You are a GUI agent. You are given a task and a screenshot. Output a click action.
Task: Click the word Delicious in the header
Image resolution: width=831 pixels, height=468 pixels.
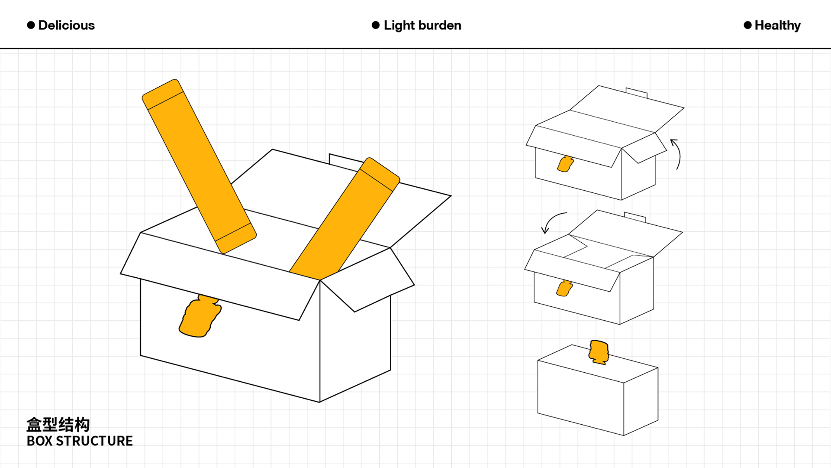coord(66,25)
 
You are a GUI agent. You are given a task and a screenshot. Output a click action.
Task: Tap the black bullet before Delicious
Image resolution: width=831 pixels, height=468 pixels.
coord(31,25)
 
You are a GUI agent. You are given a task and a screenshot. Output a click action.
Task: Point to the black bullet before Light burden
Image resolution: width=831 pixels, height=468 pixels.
coord(376,25)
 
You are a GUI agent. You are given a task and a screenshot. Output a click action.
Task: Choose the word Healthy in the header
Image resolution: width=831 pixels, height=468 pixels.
coord(778,26)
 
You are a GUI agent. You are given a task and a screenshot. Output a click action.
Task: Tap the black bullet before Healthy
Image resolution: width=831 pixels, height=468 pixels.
coord(747,25)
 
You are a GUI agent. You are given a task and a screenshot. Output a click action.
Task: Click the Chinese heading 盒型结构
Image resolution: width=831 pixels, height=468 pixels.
coord(58,425)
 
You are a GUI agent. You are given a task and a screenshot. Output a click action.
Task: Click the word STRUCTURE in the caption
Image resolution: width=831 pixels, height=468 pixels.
coord(94,441)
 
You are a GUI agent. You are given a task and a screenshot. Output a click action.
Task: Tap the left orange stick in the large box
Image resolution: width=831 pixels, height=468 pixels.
coord(199,166)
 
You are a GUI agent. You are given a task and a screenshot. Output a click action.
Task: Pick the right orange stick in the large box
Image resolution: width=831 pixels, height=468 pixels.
coord(345,219)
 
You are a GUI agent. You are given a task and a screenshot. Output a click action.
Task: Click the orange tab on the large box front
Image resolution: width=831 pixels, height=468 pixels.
coord(200,316)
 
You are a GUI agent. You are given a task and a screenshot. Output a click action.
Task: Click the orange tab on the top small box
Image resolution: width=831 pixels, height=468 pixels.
coord(565,164)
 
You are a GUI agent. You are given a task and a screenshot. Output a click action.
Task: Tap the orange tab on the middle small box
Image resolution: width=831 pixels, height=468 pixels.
coord(564,288)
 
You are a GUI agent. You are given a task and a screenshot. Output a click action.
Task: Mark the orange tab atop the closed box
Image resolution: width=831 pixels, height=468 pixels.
coord(599,352)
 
